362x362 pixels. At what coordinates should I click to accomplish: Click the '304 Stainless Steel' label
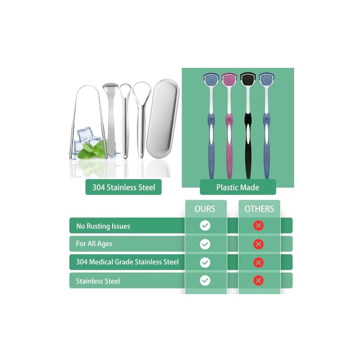(123, 187)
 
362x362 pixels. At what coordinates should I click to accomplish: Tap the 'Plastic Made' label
(238, 187)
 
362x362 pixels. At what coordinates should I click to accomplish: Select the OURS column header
(205, 209)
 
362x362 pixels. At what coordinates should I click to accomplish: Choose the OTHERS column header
(259, 209)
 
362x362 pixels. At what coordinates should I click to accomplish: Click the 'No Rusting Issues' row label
(103, 226)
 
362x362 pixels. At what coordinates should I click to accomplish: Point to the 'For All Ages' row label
(94, 244)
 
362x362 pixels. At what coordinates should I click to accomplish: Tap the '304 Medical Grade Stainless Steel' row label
(127, 262)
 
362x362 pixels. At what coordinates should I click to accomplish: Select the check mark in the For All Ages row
(205, 244)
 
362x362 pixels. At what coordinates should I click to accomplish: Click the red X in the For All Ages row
(258, 244)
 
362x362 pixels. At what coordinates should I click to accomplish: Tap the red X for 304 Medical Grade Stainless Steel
(258, 262)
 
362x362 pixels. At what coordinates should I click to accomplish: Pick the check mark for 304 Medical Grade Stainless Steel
(205, 262)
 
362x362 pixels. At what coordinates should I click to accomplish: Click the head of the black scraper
(247, 80)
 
